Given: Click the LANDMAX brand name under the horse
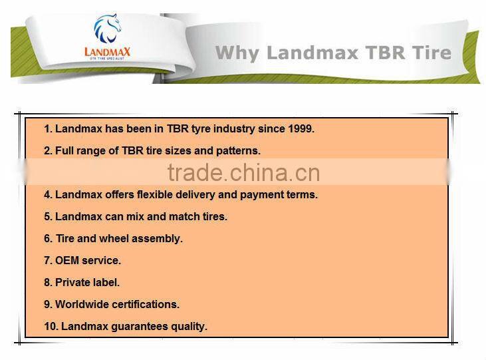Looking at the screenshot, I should [x=107, y=51].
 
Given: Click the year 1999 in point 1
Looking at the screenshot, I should [x=300, y=129].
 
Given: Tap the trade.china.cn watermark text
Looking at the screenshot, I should [x=243, y=173].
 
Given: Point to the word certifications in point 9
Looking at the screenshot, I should [x=146, y=305].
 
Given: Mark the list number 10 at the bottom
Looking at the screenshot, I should [x=50, y=327].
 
